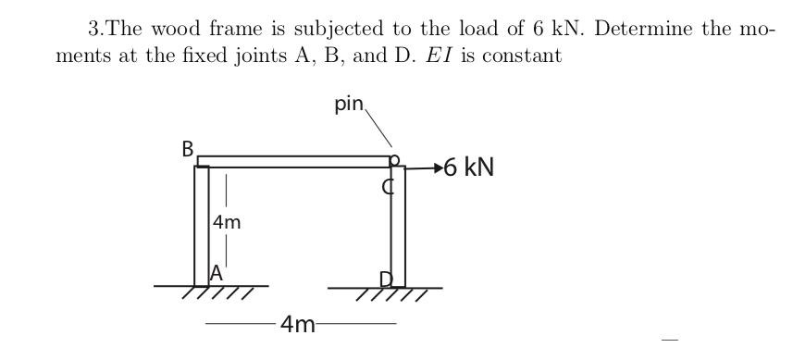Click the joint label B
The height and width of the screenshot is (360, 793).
click(188, 149)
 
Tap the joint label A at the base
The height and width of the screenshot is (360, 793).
click(217, 273)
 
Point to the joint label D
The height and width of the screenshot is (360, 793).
click(387, 279)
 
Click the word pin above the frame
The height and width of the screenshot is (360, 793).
click(350, 104)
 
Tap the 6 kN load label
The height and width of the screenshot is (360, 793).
click(469, 168)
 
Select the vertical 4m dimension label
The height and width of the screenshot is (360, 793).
click(227, 222)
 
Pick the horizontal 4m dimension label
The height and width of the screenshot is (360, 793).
click(298, 324)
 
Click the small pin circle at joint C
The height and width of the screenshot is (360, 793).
click(394, 160)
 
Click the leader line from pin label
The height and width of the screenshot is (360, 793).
click(380, 130)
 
